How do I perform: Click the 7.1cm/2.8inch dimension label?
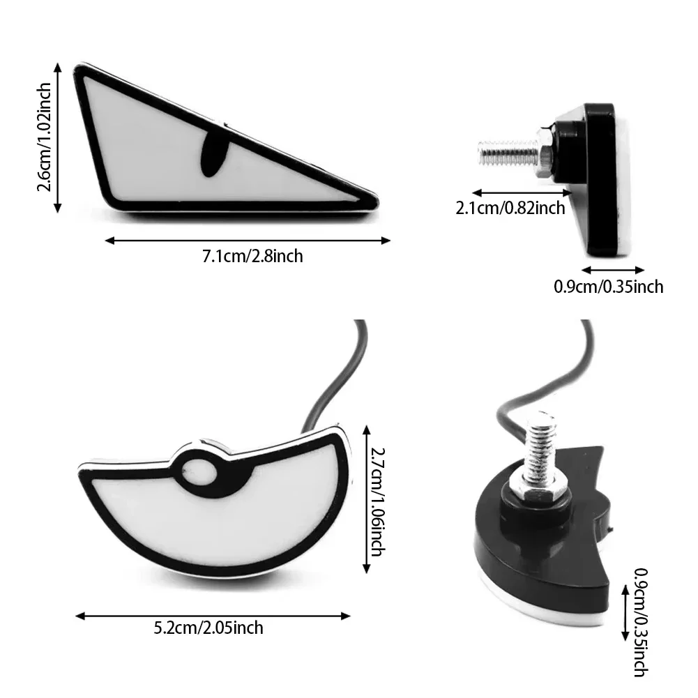click(252, 256)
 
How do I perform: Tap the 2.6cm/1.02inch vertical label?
click(46, 137)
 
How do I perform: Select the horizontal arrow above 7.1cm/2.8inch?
click(248, 241)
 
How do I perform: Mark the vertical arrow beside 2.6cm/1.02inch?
click(61, 136)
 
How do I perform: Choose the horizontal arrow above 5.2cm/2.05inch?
click(213, 615)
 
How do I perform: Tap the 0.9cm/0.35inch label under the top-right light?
click(608, 286)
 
